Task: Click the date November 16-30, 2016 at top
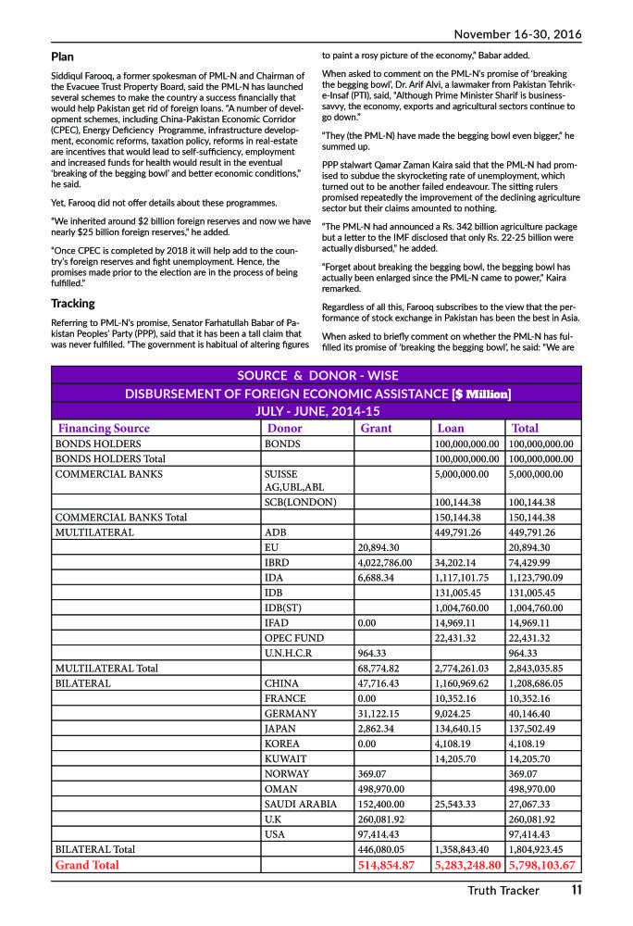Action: coord(517,34)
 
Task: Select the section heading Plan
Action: coord(63,57)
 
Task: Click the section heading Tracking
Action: coord(72,303)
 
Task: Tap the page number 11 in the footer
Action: coord(576,891)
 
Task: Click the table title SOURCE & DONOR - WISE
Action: coord(317,375)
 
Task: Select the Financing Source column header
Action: coord(104,429)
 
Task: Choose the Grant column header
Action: coord(376,429)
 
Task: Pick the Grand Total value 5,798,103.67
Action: coord(542,865)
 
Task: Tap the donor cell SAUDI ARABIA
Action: coord(300,805)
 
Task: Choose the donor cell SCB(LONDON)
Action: coord(300,502)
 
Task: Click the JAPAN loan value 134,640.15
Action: coord(465,729)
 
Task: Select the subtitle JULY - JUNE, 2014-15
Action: coord(317,411)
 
